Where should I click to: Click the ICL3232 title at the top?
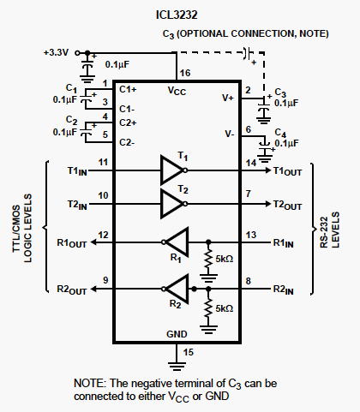click(177, 15)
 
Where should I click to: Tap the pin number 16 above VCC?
click(185, 73)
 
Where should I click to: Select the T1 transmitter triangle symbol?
click(173, 170)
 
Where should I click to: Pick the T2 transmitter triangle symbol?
click(173, 204)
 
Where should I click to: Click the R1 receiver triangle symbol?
click(176, 242)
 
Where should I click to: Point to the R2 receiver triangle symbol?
click(176, 289)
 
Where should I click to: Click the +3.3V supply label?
click(56, 53)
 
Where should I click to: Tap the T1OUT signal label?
click(287, 171)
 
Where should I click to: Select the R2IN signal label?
click(283, 290)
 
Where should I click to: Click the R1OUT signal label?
click(72, 243)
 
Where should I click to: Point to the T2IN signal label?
click(77, 205)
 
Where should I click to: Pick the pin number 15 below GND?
click(189, 352)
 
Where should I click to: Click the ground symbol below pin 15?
click(177, 366)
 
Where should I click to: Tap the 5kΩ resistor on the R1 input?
click(208, 259)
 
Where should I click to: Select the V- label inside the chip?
click(230, 134)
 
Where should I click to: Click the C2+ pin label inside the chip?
click(128, 122)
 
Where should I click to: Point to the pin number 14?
click(251, 163)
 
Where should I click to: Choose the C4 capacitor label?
click(280, 133)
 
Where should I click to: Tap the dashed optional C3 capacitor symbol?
click(248, 53)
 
